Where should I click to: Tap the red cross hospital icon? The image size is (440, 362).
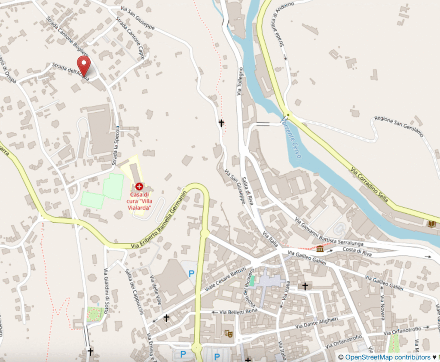click(139, 187)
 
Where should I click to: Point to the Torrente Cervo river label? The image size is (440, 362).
click(293, 137)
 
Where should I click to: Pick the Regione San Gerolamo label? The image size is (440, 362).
click(399, 126)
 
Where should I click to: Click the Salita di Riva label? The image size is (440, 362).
click(249, 191)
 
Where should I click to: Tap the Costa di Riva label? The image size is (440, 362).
click(356, 250)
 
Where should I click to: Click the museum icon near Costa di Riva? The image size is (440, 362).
click(320, 248)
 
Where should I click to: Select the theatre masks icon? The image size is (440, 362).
click(229, 333)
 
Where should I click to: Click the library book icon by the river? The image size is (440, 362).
click(431, 224)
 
